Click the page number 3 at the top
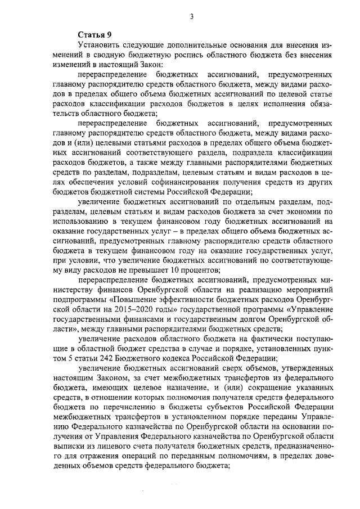192,17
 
